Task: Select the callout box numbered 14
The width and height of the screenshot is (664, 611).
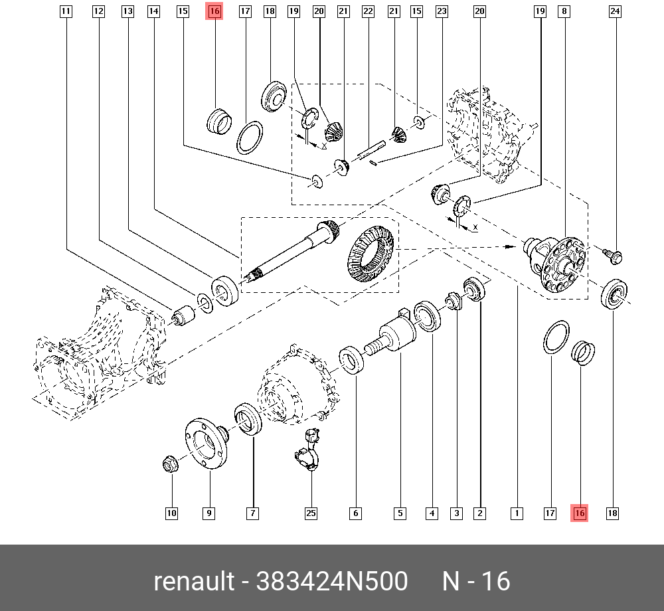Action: tap(154, 11)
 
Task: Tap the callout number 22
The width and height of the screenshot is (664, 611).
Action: tap(368, 11)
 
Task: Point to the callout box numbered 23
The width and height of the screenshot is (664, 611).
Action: tap(442, 11)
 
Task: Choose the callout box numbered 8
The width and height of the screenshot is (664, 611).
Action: tap(564, 11)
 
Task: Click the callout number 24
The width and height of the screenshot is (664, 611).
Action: tap(615, 11)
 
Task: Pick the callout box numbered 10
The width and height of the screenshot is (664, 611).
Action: tap(172, 513)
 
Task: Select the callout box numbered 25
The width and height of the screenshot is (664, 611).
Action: tap(311, 513)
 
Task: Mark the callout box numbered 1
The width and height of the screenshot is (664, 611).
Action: tap(516, 513)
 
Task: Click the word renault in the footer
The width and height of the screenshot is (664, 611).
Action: tap(193, 582)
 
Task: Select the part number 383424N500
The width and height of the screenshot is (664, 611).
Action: tap(332, 582)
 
